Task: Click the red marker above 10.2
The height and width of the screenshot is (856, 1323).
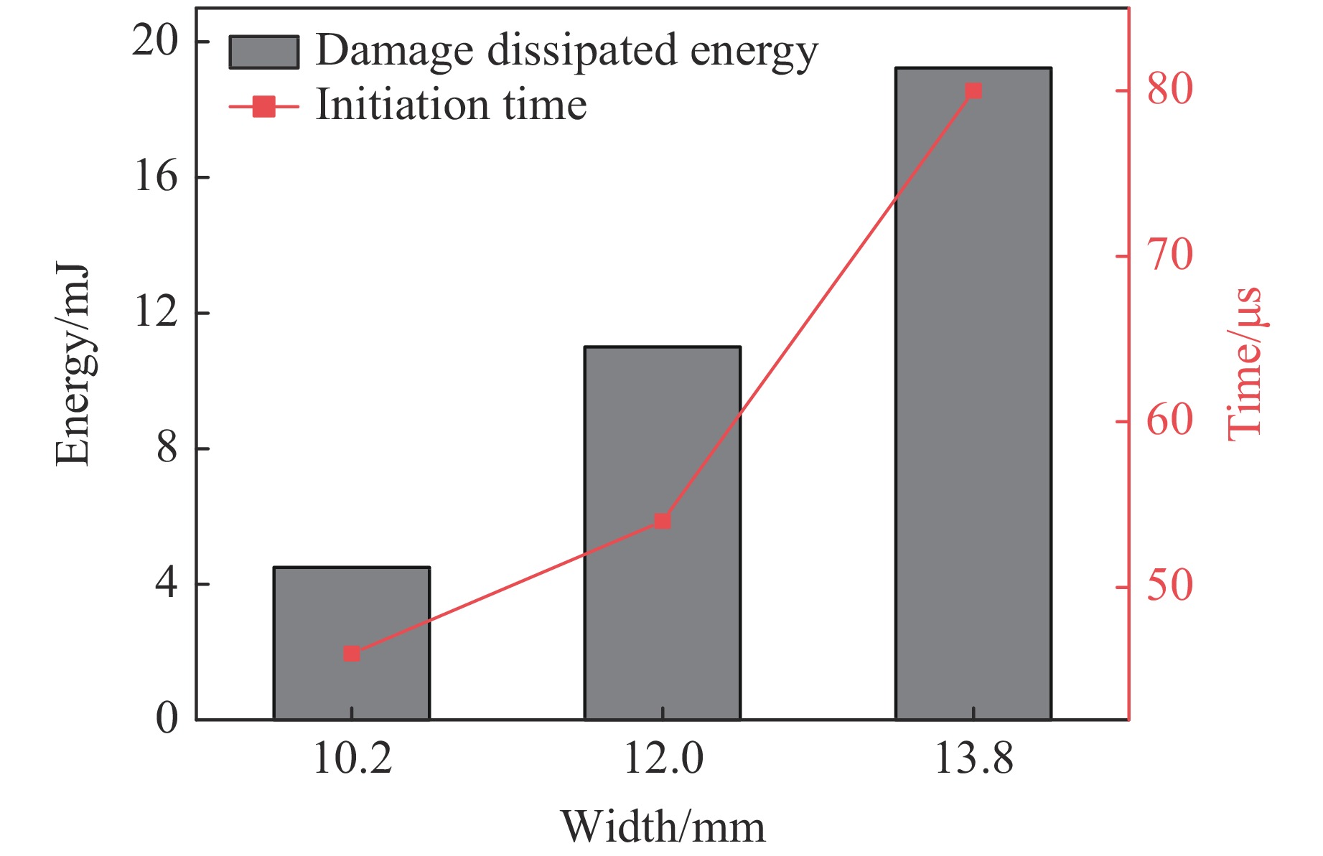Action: click(x=351, y=654)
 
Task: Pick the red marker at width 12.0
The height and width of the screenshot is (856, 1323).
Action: click(x=662, y=521)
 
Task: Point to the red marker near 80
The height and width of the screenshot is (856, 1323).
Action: click(x=973, y=91)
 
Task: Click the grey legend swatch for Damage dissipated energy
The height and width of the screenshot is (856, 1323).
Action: click(x=263, y=52)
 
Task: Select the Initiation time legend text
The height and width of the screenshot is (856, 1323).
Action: click(x=451, y=105)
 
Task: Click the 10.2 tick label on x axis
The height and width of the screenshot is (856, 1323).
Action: click(x=352, y=759)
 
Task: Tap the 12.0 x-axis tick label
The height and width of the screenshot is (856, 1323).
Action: click(x=663, y=759)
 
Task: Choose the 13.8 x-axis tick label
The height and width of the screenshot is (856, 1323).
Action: click(x=974, y=759)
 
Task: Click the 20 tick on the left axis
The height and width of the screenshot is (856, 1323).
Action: click(x=155, y=42)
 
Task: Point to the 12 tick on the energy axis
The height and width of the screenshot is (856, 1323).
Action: click(x=155, y=313)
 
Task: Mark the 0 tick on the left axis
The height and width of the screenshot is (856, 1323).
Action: click(x=167, y=718)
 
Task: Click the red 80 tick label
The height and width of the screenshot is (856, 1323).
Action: click(x=1169, y=90)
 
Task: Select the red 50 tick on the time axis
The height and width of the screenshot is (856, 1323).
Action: click(x=1169, y=587)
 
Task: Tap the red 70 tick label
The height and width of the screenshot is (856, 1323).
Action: click(x=1169, y=256)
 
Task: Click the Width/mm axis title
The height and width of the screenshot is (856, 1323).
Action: click(x=663, y=827)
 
